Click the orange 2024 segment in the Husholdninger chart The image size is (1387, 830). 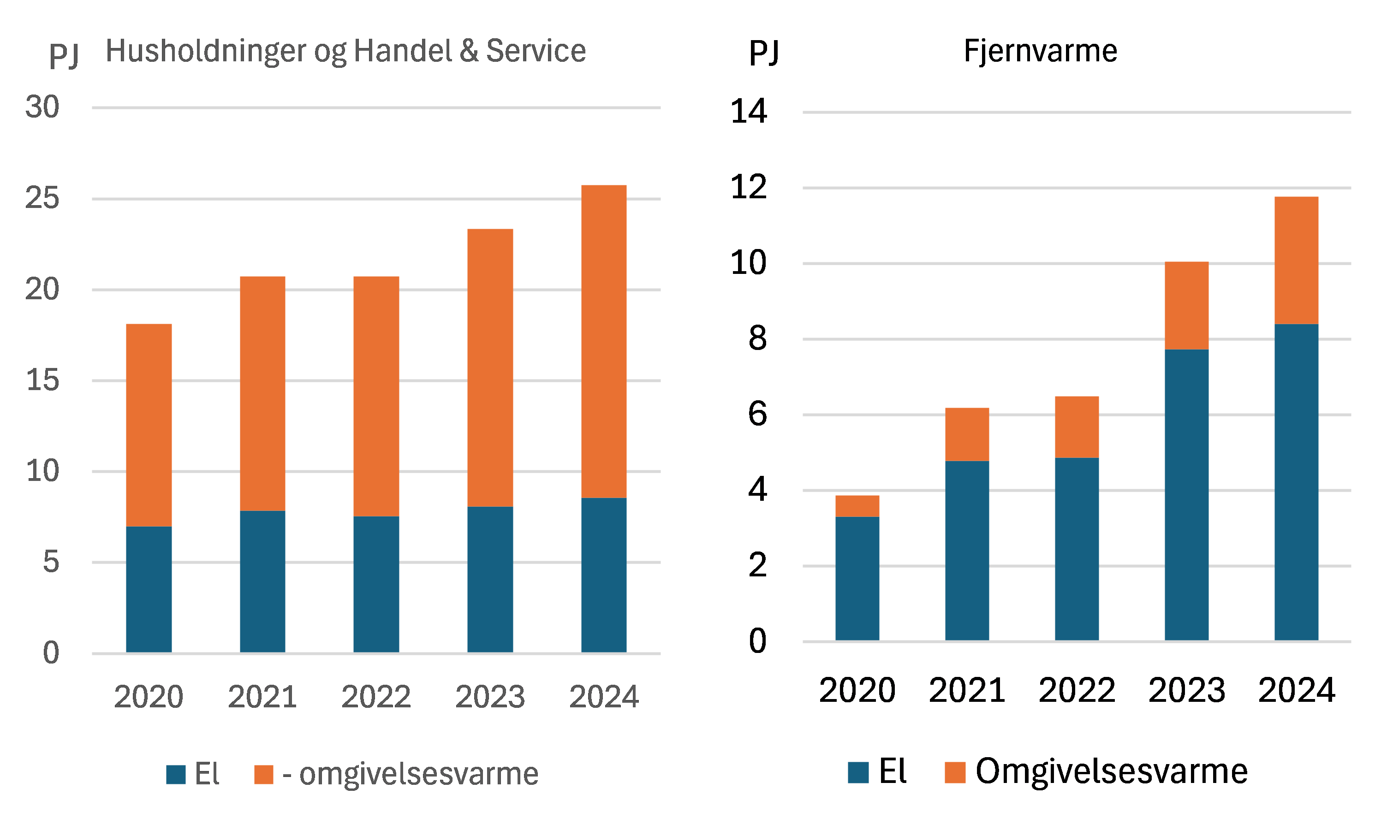604,341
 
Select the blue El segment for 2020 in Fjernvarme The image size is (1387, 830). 857,578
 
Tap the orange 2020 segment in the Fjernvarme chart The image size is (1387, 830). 857,506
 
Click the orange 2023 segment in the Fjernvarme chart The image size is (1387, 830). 1186,305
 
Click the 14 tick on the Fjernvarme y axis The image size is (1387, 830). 748,111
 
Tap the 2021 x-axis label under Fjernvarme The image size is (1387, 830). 967,690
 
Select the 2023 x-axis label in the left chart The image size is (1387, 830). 490,697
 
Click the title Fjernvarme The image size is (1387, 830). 1040,52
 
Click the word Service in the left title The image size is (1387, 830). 536,52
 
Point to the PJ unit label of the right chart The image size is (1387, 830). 764,53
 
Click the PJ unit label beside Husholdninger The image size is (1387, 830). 64,55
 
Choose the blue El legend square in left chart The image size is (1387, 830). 176,775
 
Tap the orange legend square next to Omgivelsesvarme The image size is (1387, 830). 954,772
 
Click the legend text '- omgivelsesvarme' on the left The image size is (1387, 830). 410,775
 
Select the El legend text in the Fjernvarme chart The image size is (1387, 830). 893,771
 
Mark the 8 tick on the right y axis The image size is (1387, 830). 757,339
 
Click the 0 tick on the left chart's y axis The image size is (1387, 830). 51,652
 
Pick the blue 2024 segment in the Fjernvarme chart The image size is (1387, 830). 1296,482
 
